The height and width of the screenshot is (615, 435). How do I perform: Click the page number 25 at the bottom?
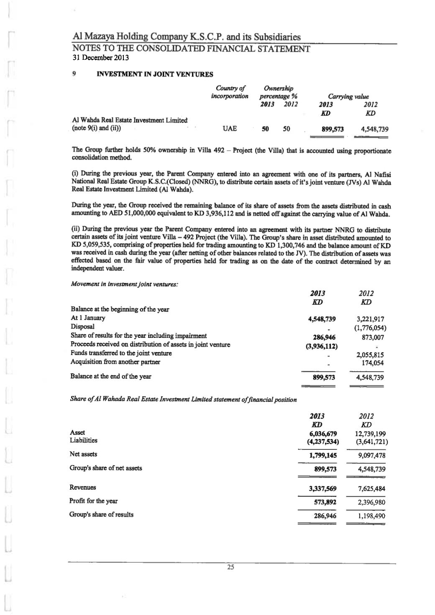(x=230, y=567)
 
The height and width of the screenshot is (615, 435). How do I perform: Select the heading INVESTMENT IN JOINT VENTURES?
(x=155, y=74)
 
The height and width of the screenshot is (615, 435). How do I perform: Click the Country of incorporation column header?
(x=230, y=92)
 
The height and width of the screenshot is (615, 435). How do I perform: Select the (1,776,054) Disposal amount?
(x=368, y=328)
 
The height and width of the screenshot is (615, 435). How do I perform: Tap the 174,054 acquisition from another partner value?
(x=372, y=363)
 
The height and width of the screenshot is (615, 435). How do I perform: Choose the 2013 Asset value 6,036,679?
(x=323, y=434)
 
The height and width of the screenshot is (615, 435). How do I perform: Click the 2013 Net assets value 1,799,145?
(x=323, y=456)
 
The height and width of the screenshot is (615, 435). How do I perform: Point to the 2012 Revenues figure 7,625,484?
(x=369, y=489)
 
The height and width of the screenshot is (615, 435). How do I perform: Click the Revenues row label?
(x=82, y=487)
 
